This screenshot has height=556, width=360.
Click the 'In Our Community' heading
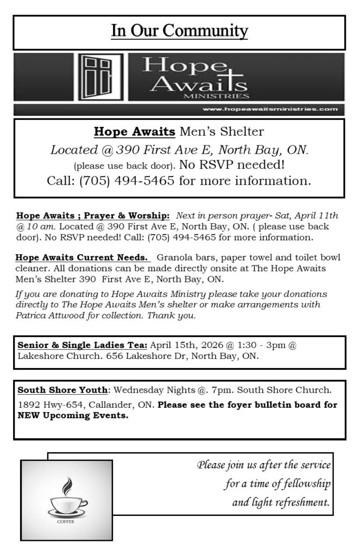tap(179, 31)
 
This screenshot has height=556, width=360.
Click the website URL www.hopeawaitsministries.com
tap(269, 110)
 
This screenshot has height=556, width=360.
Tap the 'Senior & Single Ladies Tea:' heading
tap(82, 345)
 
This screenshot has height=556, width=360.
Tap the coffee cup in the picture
tap(67, 505)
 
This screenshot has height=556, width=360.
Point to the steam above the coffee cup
tap(66, 484)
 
